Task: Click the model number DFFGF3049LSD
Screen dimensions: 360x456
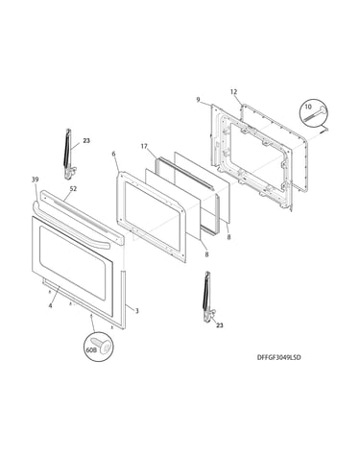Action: (278, 357)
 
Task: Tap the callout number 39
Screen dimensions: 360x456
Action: (35, 180)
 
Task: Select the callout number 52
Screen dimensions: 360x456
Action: (73, 189)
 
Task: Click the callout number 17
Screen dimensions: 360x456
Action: (144, 146)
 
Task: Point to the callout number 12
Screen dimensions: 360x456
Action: (233, 92)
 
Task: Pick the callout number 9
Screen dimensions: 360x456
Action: (198, 100)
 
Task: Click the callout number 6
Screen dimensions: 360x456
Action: (113, 154)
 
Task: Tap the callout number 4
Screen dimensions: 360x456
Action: (50, 305)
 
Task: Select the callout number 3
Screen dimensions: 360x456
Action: (136, 311)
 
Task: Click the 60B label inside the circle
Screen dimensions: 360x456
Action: (91, 350)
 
